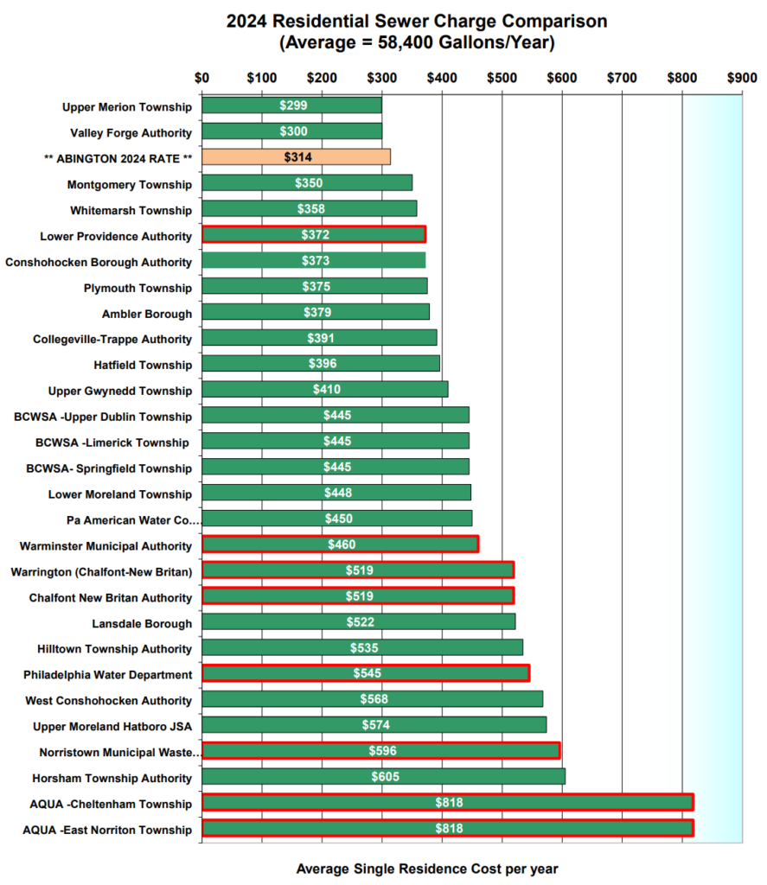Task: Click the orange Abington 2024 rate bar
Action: pyautogui.click(x=296, y=157)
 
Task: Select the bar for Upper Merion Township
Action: pyautogui.click(x=291, y=105)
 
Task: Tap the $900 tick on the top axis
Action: pyautogui.click(x=742, y=78)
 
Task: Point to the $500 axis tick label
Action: pyautogui.click(x=502, y=78)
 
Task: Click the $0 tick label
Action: pyautogui.click(x=202, y=78)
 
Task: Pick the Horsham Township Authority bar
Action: pyautogui.click(x=383, y=777)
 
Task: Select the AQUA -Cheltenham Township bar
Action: pyautogui.click(x=447, y=803)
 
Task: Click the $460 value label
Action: pyautogui.click(x=342, y=544)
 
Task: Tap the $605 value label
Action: pyautogui.click(x=385, y=777)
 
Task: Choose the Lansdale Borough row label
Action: pyautogui.click(x=142, y=623)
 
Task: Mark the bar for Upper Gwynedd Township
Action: pyautogui.click(x=324, y=390)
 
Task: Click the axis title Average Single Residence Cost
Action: pyautogui.click(x=427, y=868)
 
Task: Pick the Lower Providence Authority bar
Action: pyautogui.click(x=313, y=235)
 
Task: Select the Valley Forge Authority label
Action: pyautogui.click(x=131, y=132)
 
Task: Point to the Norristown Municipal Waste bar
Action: pyautogui.click(x=380, y=751)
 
